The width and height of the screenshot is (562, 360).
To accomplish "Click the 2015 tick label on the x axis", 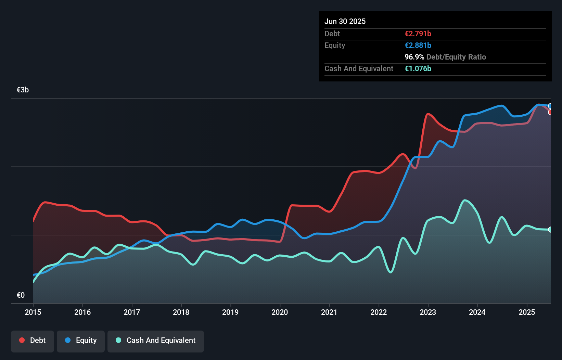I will [x=33, y=312].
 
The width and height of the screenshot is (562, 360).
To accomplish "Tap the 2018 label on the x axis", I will [x=181, y=312].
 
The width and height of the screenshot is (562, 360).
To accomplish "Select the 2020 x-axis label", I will [x=280, y=312].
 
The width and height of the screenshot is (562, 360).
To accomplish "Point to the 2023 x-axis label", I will [x=428, y=312].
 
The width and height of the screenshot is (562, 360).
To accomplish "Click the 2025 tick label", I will [x=527, y=312].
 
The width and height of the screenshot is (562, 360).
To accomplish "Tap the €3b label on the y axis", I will [x=23, y=90].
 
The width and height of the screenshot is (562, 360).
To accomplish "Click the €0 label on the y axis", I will [x=21, y=295].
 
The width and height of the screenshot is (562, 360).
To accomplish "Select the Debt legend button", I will [x=33, y=340].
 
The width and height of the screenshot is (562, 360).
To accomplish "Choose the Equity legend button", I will [x=81, y=340].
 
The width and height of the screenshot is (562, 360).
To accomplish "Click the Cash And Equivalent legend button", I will [x=156, y=340].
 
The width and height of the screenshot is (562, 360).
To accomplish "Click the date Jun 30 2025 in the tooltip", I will [x=345, y=21].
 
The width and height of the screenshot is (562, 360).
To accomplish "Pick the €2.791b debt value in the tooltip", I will [x=418, y=34].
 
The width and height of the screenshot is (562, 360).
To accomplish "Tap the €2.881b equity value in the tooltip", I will [x=418, y=45].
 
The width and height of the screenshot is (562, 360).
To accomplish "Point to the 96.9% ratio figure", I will [x=414, y=57].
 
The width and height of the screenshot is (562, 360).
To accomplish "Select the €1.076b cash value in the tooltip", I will [x=418, y=68].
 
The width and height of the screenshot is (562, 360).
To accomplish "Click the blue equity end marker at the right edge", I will [x=550, y=106].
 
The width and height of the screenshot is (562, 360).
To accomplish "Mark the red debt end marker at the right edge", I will [x=550, y=112].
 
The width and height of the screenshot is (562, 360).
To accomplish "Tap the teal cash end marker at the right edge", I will [x=550, y=230].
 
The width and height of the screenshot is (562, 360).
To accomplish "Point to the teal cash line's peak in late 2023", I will [x=465, y=200].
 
